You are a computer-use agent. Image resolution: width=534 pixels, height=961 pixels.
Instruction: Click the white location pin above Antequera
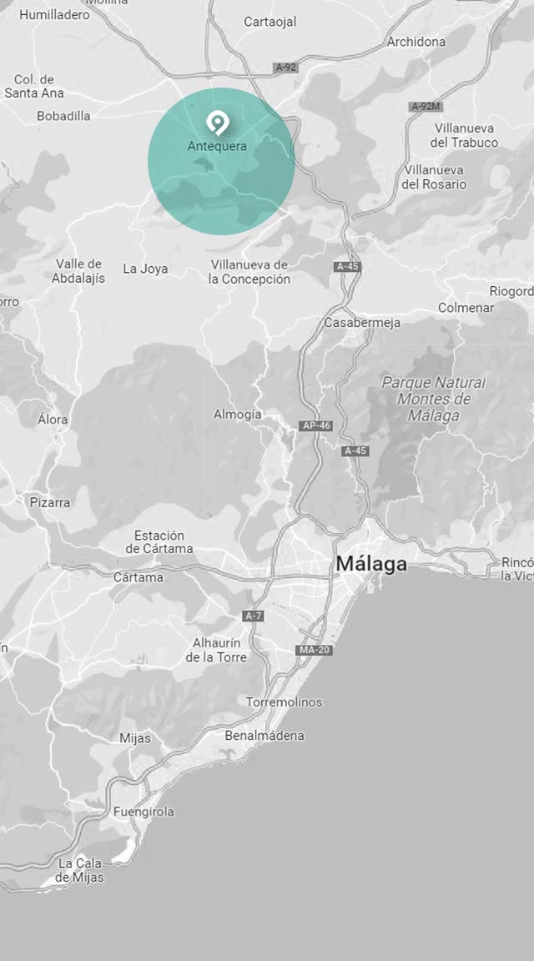[x=217, y=123]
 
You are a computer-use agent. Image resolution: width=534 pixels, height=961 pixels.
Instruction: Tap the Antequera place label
[x=217, y=146]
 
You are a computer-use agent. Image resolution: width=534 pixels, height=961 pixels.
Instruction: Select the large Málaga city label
[x=371, y=564]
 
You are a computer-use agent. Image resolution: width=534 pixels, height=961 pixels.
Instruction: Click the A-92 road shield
[x=286, y=67]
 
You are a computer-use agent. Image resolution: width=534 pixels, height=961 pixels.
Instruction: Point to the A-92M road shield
[x=426, y=107]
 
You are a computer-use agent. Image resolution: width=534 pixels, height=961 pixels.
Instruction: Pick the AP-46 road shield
[x=316, y=425]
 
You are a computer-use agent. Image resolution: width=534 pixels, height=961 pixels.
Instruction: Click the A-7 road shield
[x=254, y=616]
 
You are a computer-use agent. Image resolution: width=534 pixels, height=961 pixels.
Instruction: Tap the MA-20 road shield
[x=314, y=650]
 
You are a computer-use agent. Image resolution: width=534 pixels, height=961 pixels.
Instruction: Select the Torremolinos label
[x=284, y=702]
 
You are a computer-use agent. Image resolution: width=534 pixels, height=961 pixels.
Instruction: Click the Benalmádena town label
[x=264, y=736]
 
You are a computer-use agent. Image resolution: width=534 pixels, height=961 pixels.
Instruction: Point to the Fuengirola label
[x=144, y=812]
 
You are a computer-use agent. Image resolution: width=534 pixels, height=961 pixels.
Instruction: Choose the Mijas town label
[x=135, y=738]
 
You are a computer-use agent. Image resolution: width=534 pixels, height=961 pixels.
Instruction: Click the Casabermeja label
[x=362, y=323]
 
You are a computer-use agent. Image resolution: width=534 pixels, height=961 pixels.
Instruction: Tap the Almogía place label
[x=238, y=415]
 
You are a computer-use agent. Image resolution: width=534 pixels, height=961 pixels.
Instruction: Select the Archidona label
[x=416, y=42]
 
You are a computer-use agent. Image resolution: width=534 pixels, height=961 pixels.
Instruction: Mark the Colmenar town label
[x=466, y=308]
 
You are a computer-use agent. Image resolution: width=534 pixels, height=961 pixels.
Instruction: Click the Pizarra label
[x=50, y=502]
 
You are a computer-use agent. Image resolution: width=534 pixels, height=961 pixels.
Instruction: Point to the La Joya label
[x=145, y=269]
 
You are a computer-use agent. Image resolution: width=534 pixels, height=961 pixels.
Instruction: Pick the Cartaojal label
[x=270, y=23]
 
